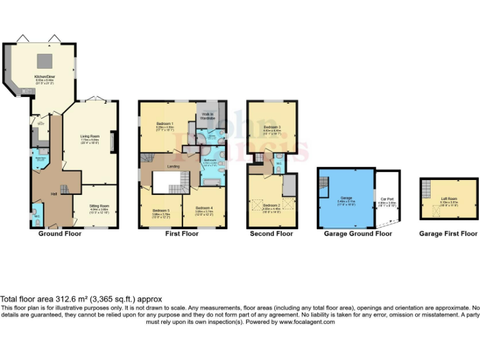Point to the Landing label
click(174, 166)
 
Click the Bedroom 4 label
click(204, 209)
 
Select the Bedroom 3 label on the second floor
click(272, 128)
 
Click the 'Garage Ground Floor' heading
click(358, 234)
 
